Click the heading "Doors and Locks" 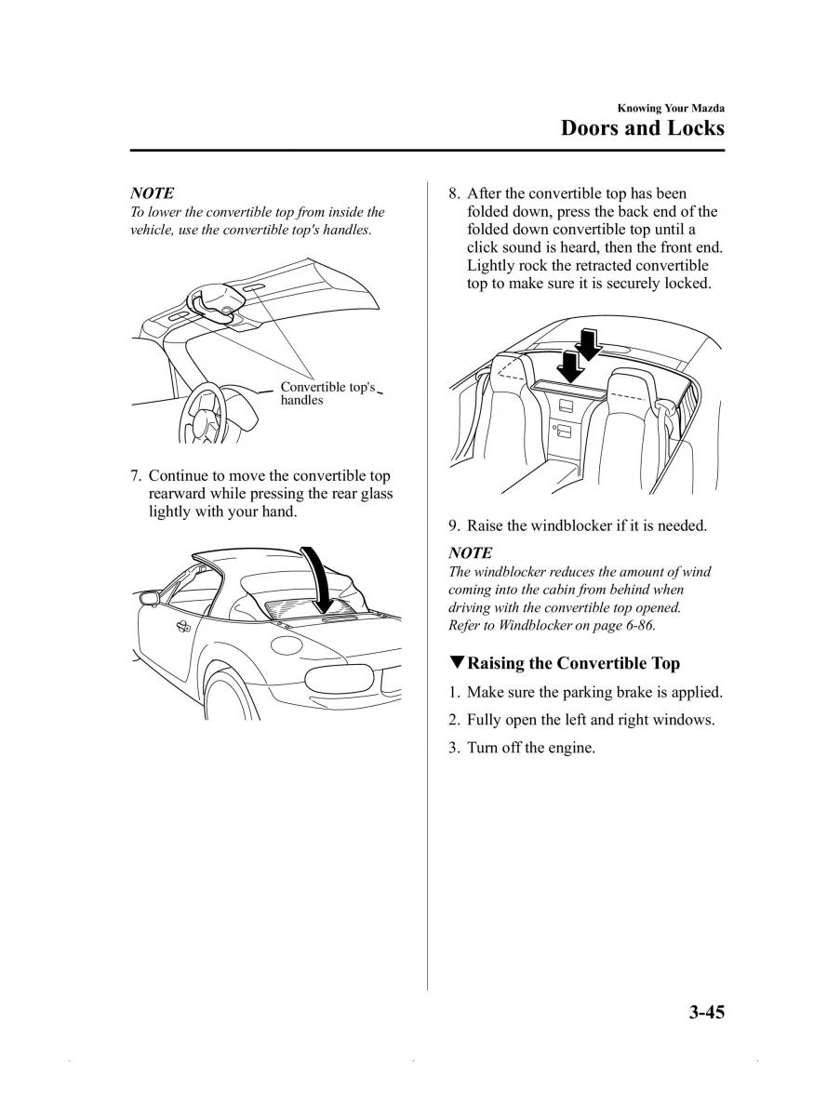(642, 127)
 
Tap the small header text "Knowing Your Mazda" (671, 108)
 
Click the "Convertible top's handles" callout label (327, 393)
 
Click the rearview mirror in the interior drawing (216, 303)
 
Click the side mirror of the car (149, 599)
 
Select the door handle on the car (183, 627)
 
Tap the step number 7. (136, 475)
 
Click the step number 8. (454, 193)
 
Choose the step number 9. (454, 525)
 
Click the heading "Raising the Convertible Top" (573, 663)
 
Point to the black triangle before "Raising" (456, 662)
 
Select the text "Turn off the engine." (531, 747)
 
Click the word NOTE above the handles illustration (152, 193)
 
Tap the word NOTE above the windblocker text (470, 553)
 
